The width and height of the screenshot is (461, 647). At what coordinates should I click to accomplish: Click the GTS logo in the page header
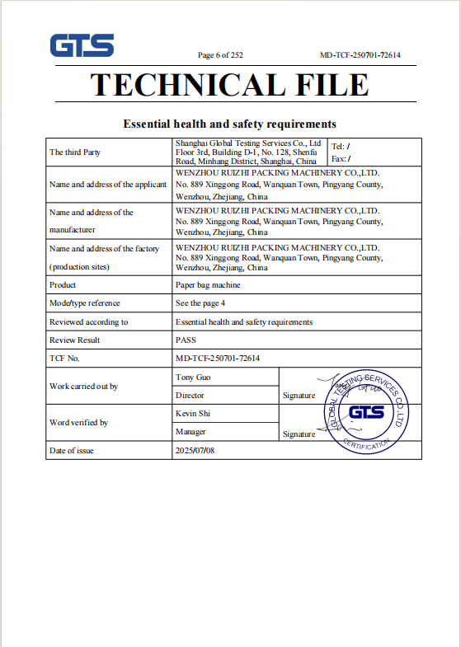click(x=82, y=45)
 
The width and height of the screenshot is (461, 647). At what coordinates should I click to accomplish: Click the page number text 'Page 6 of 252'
click(x=220, y=55)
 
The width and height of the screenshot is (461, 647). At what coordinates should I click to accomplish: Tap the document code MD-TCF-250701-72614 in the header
click(x=360, y=55)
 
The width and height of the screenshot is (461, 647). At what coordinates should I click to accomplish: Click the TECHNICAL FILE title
click(x=229, y=86)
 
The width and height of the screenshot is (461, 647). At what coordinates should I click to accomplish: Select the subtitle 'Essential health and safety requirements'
click(x=229, y=124)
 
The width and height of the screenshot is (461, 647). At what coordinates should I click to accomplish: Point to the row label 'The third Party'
click(x=75, y=152)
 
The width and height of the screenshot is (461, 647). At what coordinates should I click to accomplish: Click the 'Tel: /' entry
click(x=341, y=146)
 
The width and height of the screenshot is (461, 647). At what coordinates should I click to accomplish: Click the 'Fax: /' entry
click(x=341, y=158)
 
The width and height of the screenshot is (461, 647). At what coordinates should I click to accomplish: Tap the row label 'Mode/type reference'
click(x=85, y=303)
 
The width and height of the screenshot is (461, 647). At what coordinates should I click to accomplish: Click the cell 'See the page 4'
click(x=200, y=303)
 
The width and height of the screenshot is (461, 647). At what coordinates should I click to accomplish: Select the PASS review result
click(x=185, y=340)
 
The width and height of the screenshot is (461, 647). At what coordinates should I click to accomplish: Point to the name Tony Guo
click(x=191, y=377)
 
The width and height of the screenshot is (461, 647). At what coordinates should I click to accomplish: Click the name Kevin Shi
click(x=191, y=414)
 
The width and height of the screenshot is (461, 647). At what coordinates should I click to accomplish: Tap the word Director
click(x=191, y=395)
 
